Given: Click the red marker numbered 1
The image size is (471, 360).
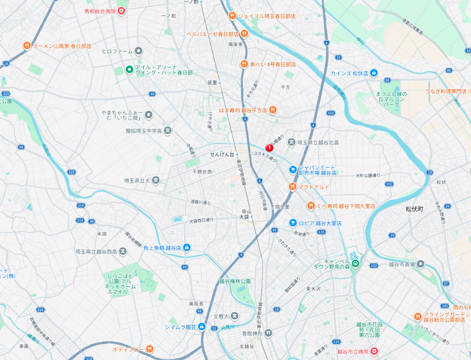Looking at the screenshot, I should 269,148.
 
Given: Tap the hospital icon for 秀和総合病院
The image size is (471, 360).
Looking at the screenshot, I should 121,10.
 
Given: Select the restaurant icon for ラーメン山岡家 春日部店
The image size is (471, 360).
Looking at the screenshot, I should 27,46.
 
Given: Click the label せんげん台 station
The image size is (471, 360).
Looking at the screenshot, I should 221,154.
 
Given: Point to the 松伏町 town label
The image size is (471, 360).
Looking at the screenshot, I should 414,209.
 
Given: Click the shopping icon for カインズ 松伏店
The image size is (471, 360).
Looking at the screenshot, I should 374,73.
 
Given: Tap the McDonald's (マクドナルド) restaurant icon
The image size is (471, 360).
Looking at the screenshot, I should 293,187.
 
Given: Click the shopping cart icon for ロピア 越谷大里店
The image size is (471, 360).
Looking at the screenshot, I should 293,223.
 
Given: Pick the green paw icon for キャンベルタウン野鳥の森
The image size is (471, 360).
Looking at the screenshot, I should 356,263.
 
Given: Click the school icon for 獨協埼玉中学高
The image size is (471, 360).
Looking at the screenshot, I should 168,131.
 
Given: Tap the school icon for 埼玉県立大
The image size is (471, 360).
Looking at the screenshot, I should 156,180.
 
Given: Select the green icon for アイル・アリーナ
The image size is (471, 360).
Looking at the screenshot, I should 129,70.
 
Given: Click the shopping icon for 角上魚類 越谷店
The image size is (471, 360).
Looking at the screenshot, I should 187,247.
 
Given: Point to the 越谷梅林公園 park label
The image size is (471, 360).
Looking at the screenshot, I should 235,281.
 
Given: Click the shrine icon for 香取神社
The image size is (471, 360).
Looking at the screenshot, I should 268,333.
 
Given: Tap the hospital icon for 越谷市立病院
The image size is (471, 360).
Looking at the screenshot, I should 374,351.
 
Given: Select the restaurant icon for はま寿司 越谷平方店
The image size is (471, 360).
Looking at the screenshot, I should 273,110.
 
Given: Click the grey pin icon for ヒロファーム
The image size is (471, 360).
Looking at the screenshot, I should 139,51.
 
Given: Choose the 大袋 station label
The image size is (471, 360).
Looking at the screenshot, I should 244,217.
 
